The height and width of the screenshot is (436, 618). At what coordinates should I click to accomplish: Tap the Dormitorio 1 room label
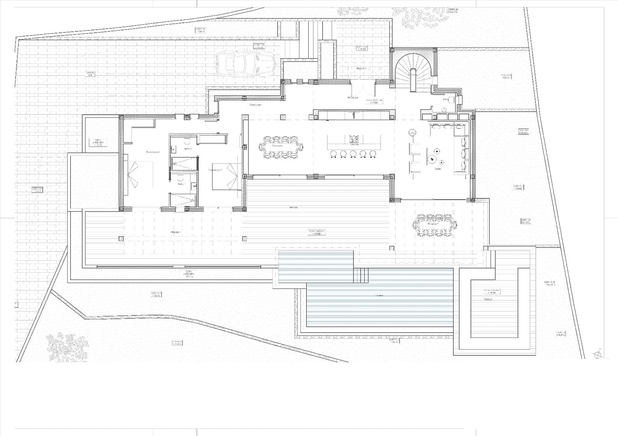point(153,152)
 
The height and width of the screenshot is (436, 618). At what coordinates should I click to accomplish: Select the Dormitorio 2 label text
point(215,170)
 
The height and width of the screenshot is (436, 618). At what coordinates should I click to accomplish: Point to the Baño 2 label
point(188,148)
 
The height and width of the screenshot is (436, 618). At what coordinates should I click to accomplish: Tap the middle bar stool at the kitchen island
point(353,154)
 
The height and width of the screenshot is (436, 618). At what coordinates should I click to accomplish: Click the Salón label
point(438,169)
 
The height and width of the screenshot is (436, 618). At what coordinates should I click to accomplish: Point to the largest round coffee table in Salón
point(431,158)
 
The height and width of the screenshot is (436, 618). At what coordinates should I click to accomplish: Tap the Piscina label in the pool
point(379,295)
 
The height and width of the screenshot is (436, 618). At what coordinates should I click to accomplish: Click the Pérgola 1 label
point(175,232)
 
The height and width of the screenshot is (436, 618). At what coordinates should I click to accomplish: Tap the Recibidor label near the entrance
point(353,98)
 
